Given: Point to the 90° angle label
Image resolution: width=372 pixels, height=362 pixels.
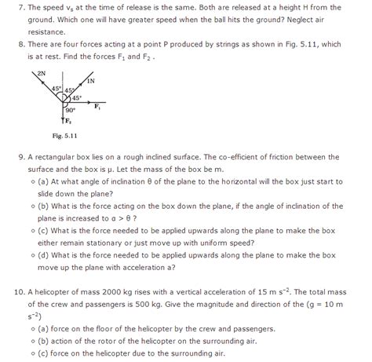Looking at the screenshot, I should click(71, 111).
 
